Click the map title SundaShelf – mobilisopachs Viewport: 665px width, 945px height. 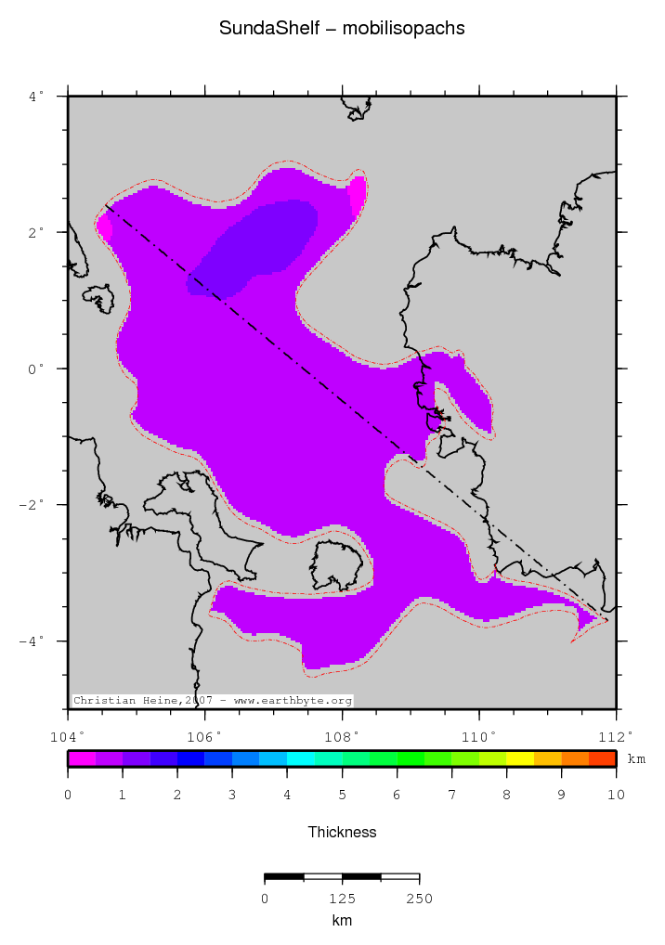coord(342,29)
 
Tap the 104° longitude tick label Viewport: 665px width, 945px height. coord(69,736)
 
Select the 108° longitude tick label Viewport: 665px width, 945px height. coord(343,736)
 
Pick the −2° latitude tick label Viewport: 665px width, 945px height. coord(34,505)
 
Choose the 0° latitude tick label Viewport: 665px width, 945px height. coord(40,369)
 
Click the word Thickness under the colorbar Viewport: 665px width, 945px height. coord(342,832)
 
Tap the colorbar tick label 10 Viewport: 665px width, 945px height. coord(616,795)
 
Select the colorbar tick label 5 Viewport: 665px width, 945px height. coord(342,795)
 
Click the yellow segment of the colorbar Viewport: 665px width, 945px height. coord(520,758)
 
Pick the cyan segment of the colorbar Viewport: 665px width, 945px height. coord(300,758)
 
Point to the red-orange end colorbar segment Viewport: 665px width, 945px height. coord(602,758)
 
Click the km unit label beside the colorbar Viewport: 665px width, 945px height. coord(636,759)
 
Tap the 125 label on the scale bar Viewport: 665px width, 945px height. coord(342,899)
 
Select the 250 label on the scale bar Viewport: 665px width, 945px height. coord(419,899)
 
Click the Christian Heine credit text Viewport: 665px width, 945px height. coord(213,700)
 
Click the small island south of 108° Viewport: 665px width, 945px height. coord(336,566)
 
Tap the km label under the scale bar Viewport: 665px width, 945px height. coord(342,920)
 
